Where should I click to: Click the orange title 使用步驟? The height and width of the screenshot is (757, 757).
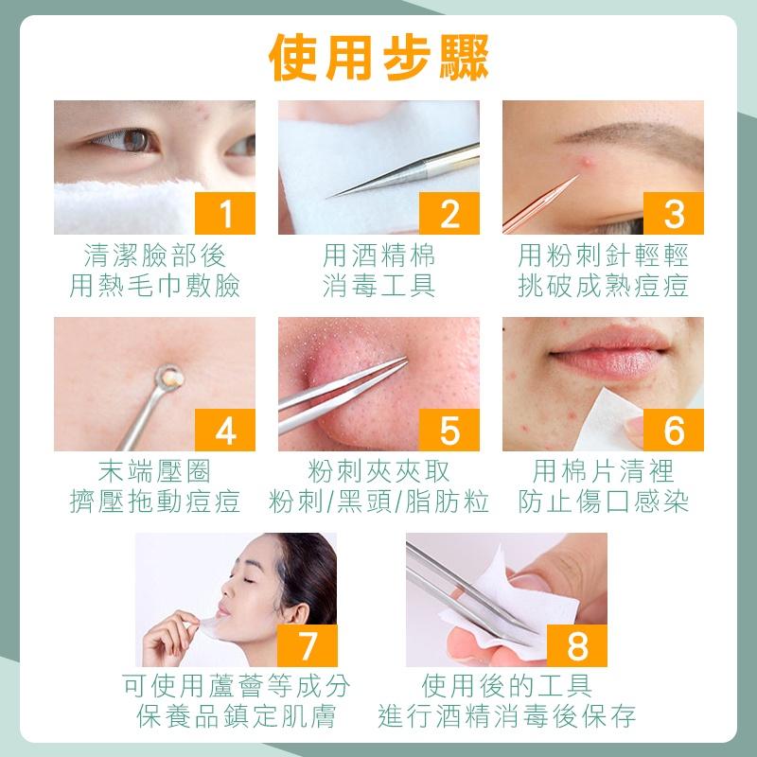point(378,56)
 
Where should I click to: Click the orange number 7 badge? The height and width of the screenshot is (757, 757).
point(306,644)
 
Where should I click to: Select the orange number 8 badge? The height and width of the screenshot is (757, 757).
point(576,644)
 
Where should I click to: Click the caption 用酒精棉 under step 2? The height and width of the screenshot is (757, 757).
point(378,255)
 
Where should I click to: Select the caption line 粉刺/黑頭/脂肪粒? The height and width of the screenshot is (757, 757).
point(378,502)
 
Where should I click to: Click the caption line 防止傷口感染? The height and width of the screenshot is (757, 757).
point(603,502)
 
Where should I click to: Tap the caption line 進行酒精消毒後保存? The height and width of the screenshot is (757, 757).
point(506,715)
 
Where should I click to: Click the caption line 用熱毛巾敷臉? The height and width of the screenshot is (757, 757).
point(154,286)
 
